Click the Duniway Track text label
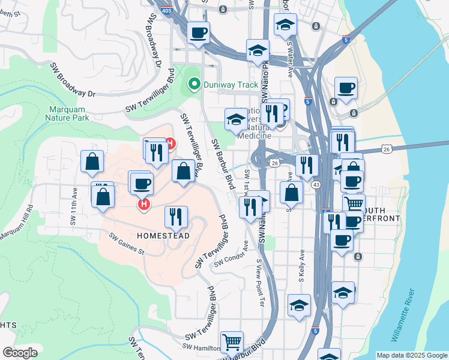click(231, 85)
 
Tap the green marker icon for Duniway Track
click(194, 85)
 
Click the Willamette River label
click(411, 319)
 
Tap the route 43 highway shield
click(316, 184)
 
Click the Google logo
click(20, 352)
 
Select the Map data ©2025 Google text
click(411, 355)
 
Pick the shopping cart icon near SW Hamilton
click(232, 342)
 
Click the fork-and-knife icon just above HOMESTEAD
click(176, 217)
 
